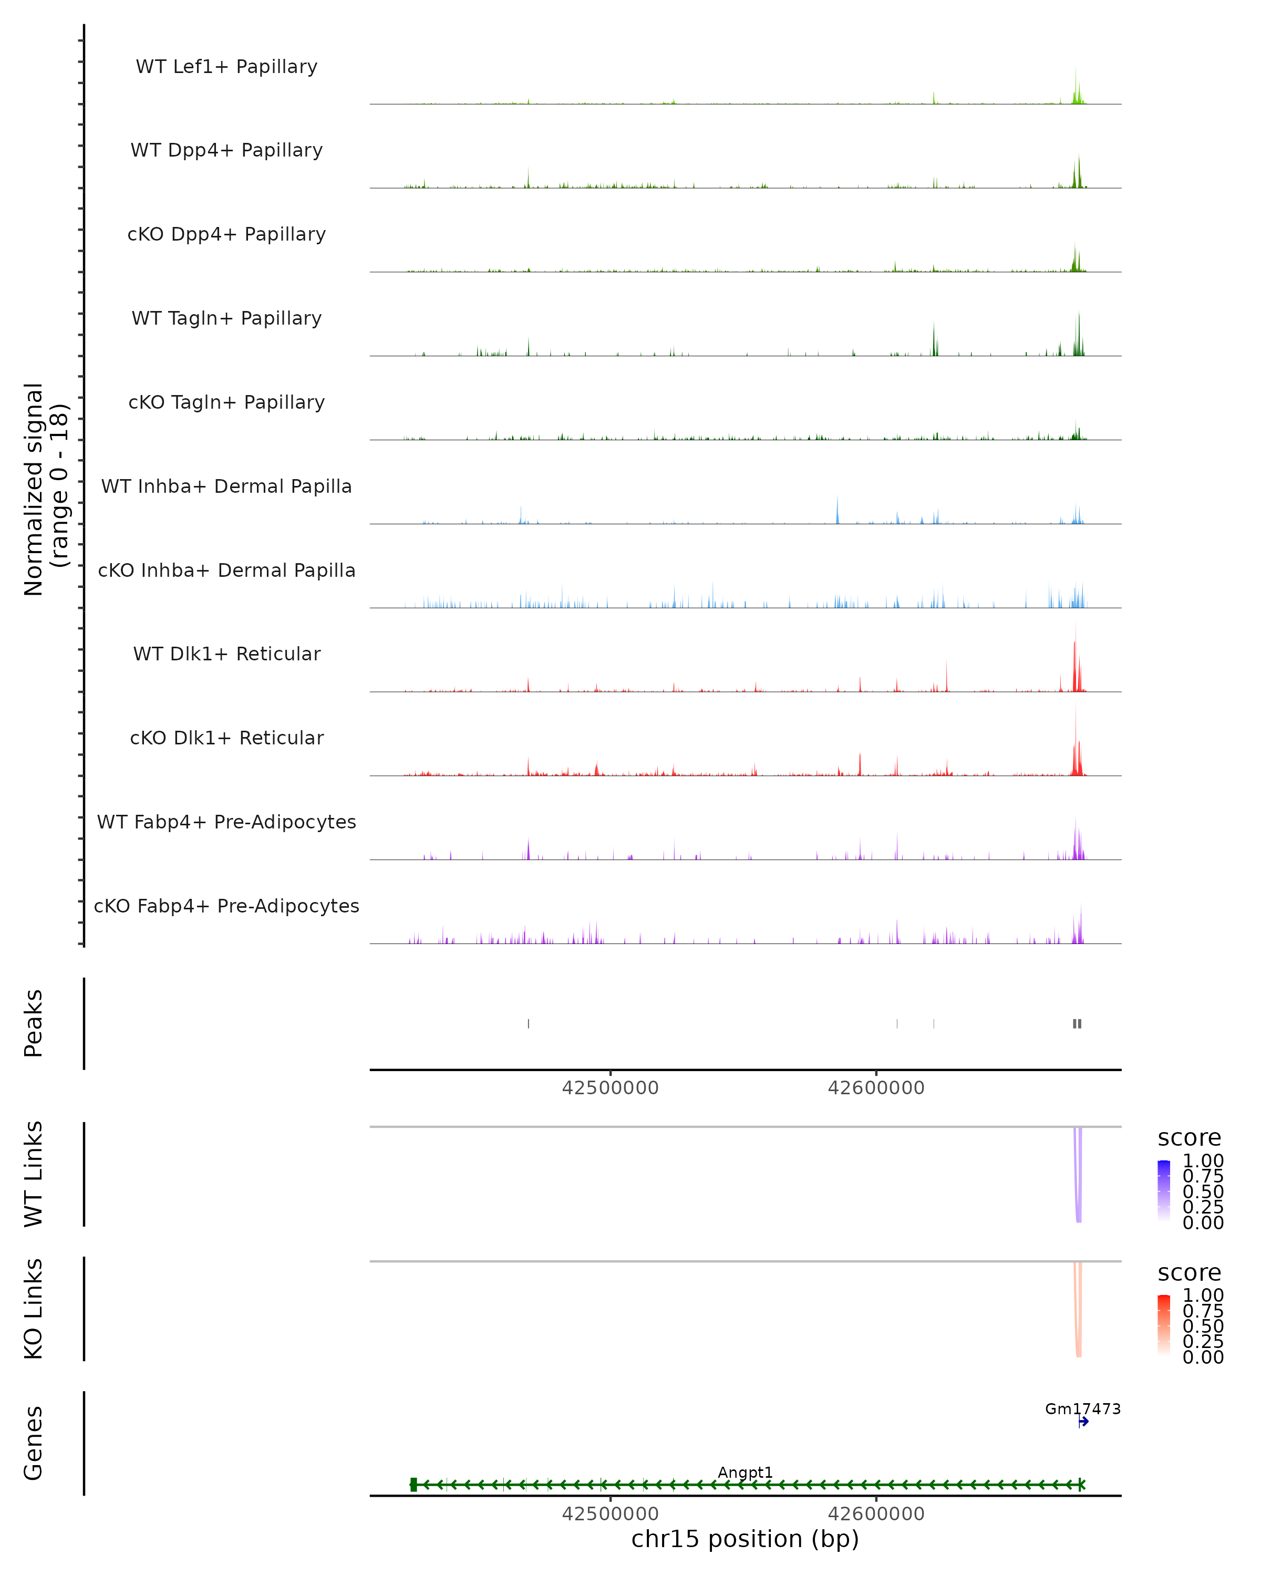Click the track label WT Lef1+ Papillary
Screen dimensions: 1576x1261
[x=226, y=67]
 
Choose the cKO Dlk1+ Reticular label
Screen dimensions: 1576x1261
[x=226, y=738]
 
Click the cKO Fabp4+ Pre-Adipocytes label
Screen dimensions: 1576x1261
[x=226, y=906]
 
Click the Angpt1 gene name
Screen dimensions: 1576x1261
[x=745, y=1472]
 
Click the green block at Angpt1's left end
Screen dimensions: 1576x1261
[x=414, y=1485]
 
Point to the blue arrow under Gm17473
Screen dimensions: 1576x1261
[x=1083, y=1422]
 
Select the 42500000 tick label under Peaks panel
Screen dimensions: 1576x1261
[x=611, y=1088]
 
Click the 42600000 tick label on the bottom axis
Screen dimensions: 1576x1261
[x=876, y=1514]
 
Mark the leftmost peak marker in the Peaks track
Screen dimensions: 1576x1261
[x=529, y=1024]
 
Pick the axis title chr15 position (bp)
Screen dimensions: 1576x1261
[x=745, y=1539]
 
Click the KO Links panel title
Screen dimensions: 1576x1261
[x=34, y=1309]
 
